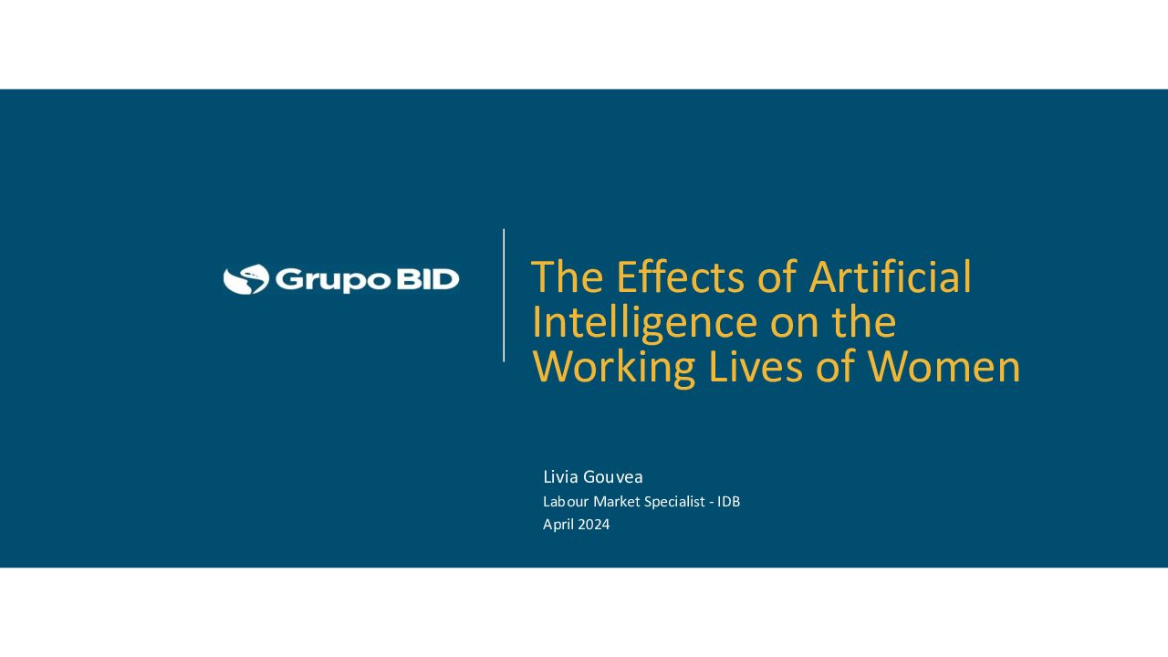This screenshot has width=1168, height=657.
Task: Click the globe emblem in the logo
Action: coord(246,279)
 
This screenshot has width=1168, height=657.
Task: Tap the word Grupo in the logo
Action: coord(333,280)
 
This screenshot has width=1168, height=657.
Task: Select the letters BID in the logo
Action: coord(428,279)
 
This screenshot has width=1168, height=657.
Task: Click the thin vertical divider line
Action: coord(504,295)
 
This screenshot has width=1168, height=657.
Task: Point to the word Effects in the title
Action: coord(681,276)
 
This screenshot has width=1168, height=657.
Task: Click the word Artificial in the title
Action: coord(890,276)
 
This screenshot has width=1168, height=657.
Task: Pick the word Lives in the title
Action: coord(756,367)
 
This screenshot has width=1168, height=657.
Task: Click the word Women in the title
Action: coord(944,367)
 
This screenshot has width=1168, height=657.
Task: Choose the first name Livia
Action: coord(560,476)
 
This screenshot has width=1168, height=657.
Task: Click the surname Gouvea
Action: coord(612,477)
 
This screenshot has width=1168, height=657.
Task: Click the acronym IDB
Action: coord(729,502)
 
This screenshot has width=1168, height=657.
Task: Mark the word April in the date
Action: coord(558,525)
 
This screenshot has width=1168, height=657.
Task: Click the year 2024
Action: coord(593,525)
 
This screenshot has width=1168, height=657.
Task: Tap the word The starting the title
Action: coord(568,276)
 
